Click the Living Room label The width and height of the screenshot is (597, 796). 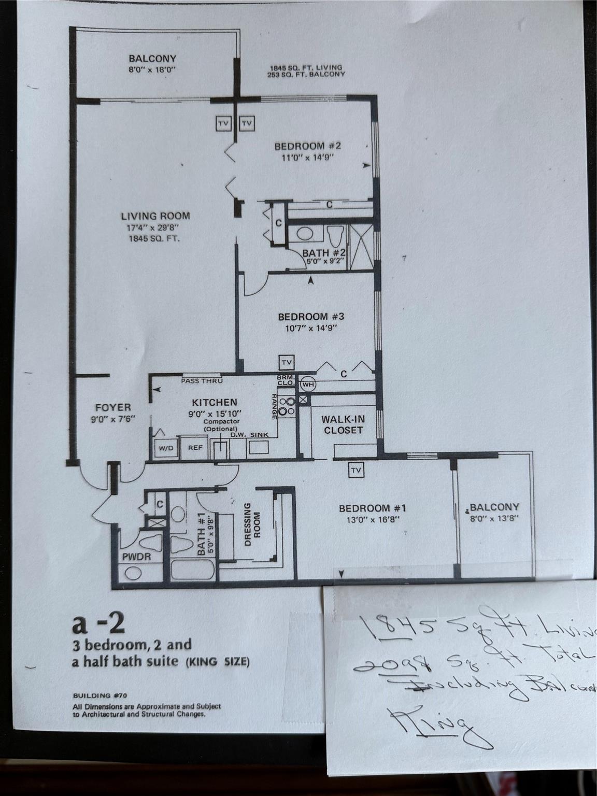click(155, 216)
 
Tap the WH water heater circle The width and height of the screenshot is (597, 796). click(308, 385)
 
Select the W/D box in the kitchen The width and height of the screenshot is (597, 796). click(166, 448)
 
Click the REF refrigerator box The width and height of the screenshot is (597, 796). click(195, 448)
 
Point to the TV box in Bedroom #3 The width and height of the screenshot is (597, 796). click(287, 362)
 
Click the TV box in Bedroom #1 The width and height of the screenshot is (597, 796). click(356, 471)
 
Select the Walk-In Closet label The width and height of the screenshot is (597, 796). click(342, 424)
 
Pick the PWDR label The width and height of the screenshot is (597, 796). click(136, 558)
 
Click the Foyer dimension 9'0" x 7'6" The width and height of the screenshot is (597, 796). click(113, 419)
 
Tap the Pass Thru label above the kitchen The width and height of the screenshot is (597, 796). click(202, 381)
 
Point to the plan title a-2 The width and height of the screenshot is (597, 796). click(98, 626)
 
